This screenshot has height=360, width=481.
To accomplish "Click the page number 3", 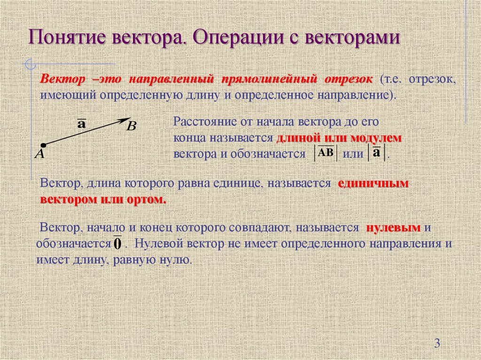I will tap(437, 344).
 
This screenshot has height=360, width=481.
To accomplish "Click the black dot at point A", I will tap(43, 145).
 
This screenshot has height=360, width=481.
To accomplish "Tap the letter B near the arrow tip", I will tap(132, 126).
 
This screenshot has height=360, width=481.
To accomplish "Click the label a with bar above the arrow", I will tap(81, 124).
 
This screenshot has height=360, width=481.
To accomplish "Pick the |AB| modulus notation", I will tap(325, 153).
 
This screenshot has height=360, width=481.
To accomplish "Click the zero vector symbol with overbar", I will tap(117, 243).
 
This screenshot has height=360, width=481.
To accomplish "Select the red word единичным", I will tap(373, 184).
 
